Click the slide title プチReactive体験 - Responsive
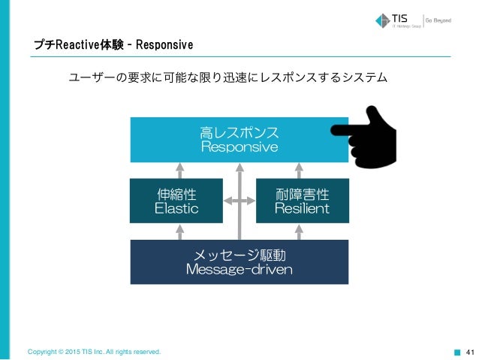coord(113,46)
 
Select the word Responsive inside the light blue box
coord(239,147)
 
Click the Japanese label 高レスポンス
coord(239,132)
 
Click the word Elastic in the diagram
coord(176,208)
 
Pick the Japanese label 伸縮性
coord(176,194)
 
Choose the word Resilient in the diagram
coord(303,208)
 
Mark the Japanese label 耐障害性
coord(303,194)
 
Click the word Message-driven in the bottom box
coord(239,269)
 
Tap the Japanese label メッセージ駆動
coord(239,254)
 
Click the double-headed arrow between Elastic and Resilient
coord(239,201)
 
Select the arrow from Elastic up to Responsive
coord(179,170)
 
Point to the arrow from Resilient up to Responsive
coord(300,170)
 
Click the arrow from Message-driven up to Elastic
coord(179,231)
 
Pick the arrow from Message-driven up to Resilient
coord(300,231)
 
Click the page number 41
coord(471,351)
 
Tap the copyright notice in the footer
coord(94,351)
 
